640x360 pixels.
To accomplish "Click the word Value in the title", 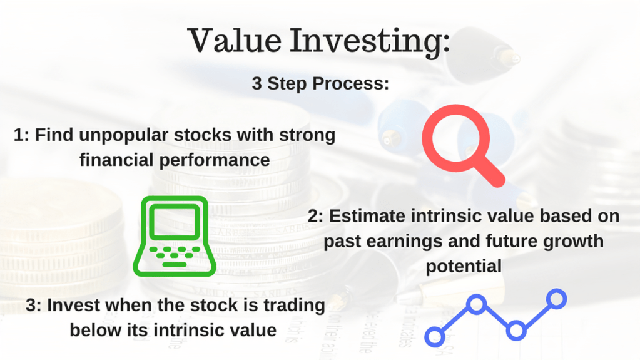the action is (235, 41).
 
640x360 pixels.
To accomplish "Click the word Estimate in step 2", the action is (367, 216).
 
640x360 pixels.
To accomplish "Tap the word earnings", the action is (404, 242).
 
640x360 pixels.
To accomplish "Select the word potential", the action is (464, 267).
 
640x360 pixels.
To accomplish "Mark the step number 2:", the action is (315, 216).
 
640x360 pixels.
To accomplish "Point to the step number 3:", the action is (33, 306).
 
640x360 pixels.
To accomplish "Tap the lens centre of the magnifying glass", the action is (455, 138).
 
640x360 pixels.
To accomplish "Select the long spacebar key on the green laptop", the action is (175, 265).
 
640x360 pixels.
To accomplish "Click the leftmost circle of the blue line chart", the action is (435, 337).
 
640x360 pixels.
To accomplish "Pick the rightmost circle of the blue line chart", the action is (556, 299).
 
